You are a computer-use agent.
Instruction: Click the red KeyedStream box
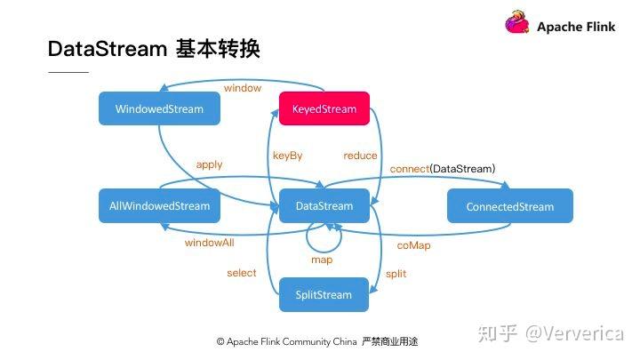(324, 109)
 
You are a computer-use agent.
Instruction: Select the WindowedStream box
(159, 109)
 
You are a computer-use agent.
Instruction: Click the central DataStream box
(324, 206)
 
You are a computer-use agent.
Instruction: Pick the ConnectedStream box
(509, 206)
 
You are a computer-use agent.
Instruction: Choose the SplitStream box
(324, 295)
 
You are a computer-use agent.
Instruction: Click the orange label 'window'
(243, 88)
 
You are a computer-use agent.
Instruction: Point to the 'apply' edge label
(209, 164)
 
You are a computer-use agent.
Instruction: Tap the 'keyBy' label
(287, 156)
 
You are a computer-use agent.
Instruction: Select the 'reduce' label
(359, 156)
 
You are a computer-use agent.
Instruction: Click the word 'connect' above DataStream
(410, 168)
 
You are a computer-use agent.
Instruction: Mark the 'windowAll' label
(210, 243)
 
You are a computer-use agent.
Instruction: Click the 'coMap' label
(413, 244)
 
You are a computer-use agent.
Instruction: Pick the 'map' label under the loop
(322, 260)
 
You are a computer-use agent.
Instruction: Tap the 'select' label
(241, 273)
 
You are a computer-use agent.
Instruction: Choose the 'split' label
(396, 274)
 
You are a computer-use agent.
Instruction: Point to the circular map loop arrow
(323, 237)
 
